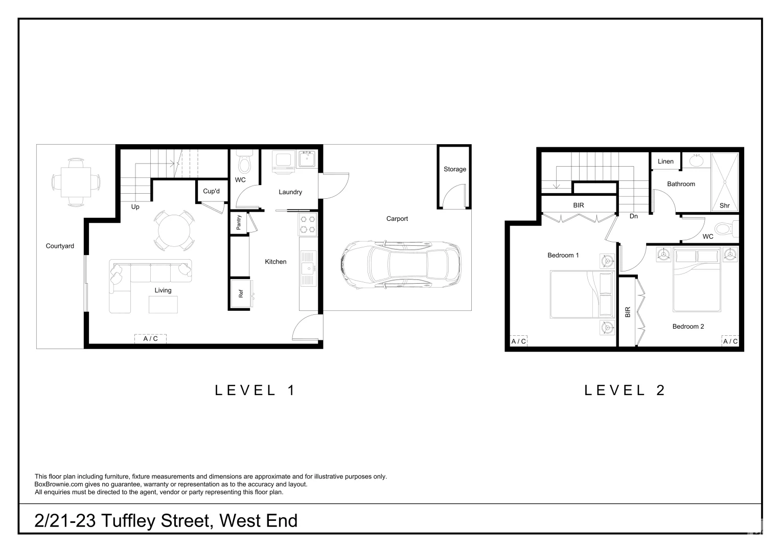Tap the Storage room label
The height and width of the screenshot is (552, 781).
[x=454, y=169]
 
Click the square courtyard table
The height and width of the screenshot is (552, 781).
[x=76, y=182]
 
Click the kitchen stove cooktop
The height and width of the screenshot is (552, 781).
[x=308, y=224]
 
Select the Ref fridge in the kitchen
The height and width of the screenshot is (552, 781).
[x=240, y=293]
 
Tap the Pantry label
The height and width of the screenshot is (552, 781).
[x=239, y=222]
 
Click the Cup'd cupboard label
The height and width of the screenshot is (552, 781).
[x=211, y=191]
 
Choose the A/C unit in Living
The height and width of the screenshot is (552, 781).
[x=150, y=338]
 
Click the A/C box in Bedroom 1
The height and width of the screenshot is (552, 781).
[x=518, y=341]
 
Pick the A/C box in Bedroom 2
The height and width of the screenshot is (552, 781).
[x=730, y=341]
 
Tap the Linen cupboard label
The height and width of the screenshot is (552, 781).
[x=665, y=162]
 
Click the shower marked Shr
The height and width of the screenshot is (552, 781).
[x=725, y=182]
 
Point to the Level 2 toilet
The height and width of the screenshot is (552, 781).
[x=725, y=228]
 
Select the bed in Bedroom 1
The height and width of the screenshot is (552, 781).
[x=582, y=294]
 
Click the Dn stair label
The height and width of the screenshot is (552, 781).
[x=633, y=216]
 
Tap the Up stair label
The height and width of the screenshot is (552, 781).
[x=135, y=207]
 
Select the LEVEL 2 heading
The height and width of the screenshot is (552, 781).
[x=625, y=390]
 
